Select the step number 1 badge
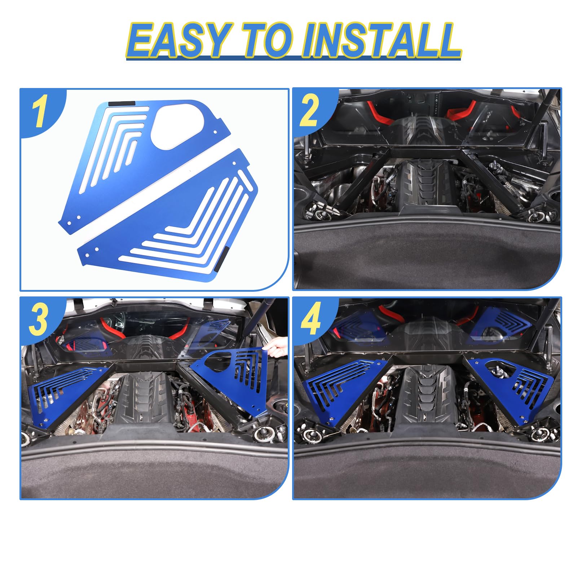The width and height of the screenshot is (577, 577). [39, 113]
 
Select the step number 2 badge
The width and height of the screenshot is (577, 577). [309, 110]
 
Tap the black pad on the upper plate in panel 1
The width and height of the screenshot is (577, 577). [122, 103]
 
